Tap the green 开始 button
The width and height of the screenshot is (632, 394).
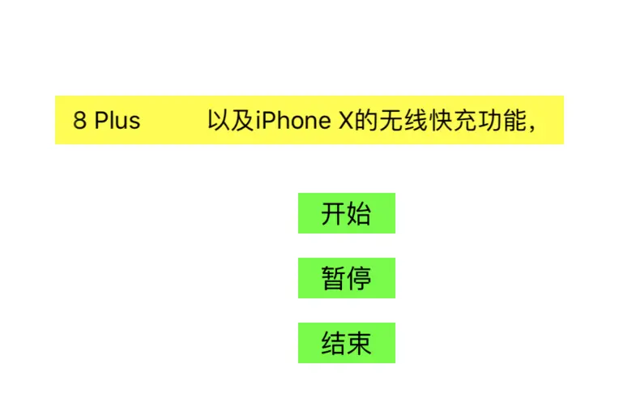pyautogui.click(x=346, y=213)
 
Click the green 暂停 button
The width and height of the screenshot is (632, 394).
pyautogui.click(x=346, y=278)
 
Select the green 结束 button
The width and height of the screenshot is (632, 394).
pyautogui.click(x=346, y=343)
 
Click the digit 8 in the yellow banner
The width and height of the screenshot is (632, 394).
pyautogui.click(x=79, y=121)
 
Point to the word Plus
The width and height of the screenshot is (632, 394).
pyautogui.click(x=117, y=121)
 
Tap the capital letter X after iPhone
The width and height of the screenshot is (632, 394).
pyautogui.click(x=344, y=121)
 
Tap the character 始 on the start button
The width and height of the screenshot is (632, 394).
pyautogui.click(x=358, y=213)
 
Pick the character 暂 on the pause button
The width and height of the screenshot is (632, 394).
pyautogui.click(x=334, y=278)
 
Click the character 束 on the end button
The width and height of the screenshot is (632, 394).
pyautogui.click(x=358, y=343)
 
